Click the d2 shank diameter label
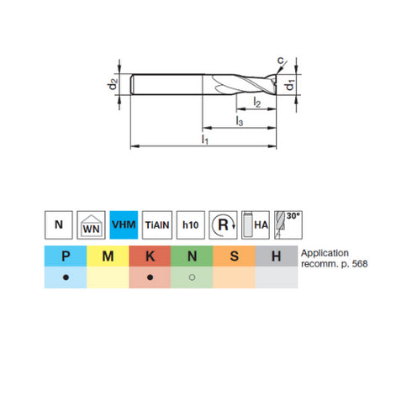point(121,86)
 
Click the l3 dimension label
point(239,123)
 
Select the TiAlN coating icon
point(157,224)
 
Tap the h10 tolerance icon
point(190,224)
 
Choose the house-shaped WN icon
point(91,224)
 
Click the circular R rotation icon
point(223,224)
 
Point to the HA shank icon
point(256,224)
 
